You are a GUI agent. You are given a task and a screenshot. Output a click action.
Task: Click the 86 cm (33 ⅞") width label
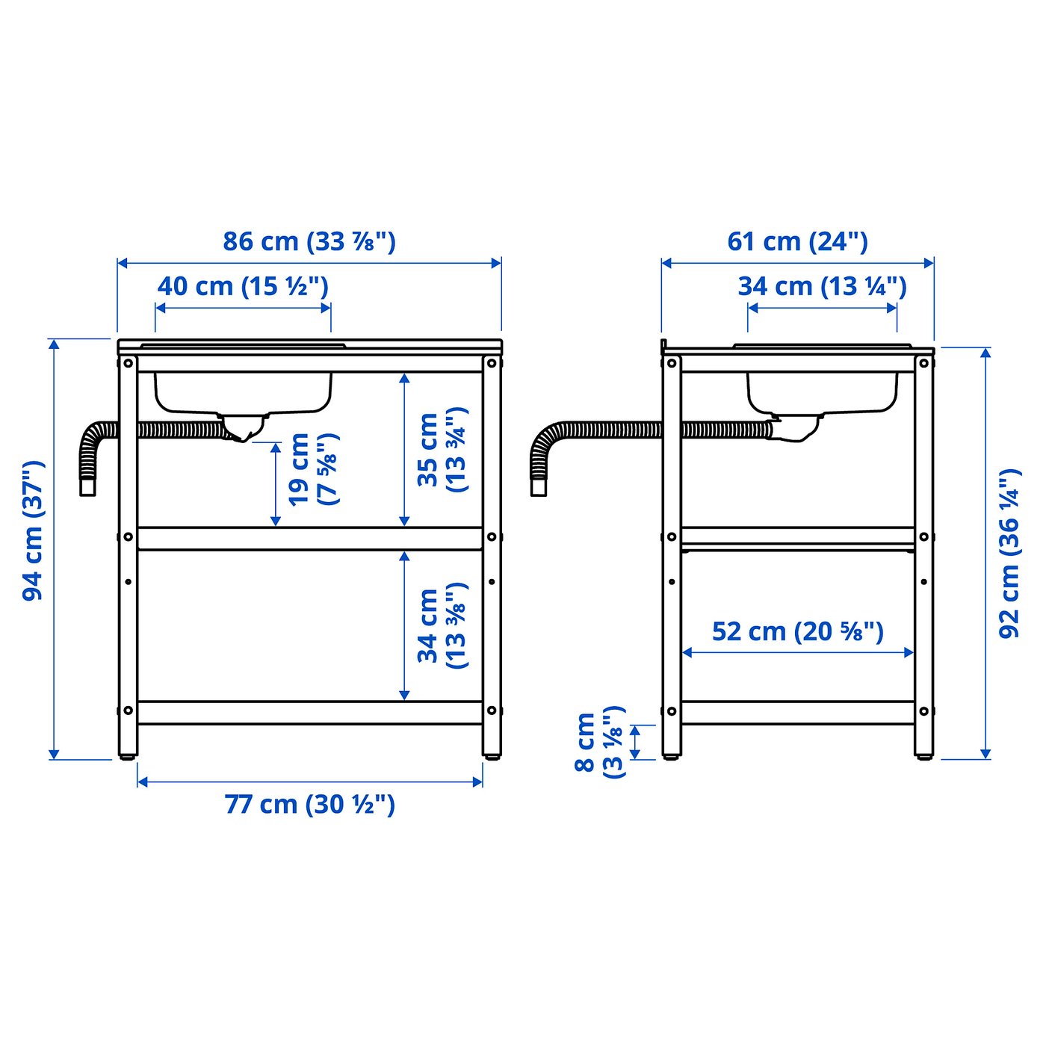point(309,241)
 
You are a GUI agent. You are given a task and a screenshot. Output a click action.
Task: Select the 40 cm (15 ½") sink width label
point(243,286)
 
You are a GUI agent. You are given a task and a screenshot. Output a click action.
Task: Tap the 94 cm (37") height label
point(34,530)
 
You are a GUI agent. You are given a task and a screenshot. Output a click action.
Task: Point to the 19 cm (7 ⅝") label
point(313,469)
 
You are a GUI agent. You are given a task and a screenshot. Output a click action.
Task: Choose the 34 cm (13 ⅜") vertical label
point(442,626)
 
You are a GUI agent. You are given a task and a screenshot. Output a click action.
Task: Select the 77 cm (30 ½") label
point(309,804)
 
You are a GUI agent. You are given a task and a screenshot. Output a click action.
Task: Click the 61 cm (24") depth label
point(797,241)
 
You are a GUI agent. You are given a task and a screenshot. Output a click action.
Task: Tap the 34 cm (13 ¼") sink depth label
point(822,286)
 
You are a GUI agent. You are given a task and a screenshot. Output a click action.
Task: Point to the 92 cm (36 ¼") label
point(1009,553)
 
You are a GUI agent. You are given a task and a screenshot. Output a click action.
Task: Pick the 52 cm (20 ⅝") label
point(797,631)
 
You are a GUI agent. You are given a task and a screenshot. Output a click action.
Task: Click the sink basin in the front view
point(243,392)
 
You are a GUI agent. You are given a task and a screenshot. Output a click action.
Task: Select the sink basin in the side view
point(822,392)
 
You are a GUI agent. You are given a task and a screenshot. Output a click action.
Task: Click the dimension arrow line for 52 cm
point(797,652)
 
